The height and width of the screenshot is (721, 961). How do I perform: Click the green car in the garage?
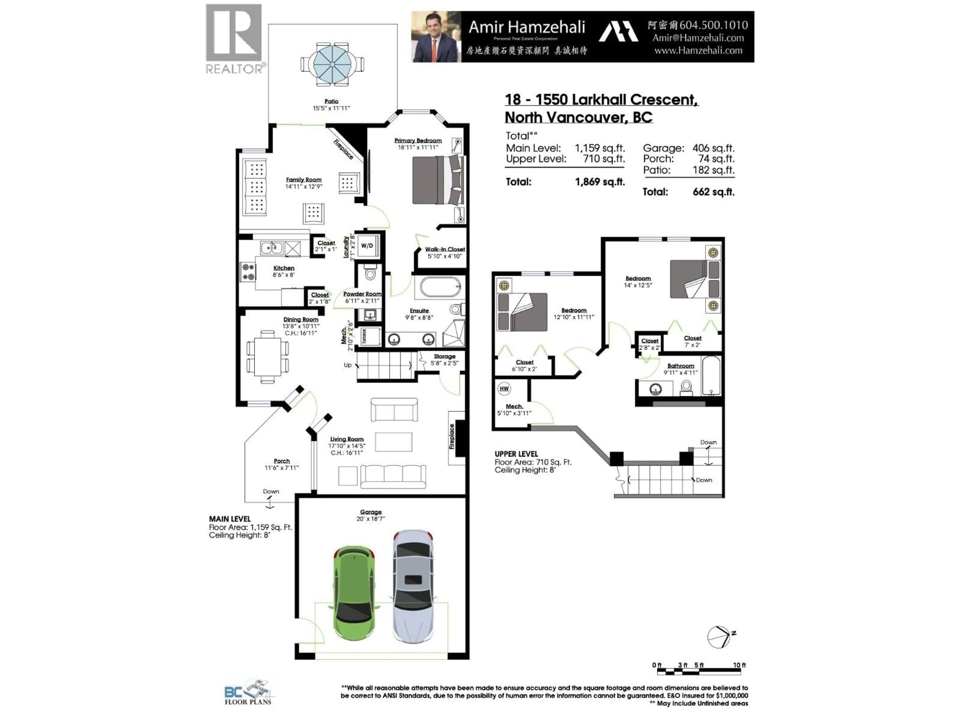[x=354, y=594]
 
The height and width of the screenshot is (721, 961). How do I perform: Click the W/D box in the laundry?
[x=367, y=246]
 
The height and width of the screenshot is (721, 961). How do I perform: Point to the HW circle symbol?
[x=504, y=389]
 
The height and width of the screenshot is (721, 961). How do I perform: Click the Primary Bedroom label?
[x=418, y=140]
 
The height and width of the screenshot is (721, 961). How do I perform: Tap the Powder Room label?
[x=362, y=294]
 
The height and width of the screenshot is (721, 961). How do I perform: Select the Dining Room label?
[x=301, y=319]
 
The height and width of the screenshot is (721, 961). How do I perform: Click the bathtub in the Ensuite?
[x=440, y=287]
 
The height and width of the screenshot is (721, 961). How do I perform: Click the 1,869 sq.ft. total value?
[x=600, y=182]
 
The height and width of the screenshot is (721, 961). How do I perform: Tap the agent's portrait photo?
[x=436, y=37]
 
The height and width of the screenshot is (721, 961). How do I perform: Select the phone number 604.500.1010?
[x=713, y=26]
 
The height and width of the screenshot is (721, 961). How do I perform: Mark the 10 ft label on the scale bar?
[x=739, y=665]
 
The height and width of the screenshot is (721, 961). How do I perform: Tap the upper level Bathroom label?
[x=680, y=366]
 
